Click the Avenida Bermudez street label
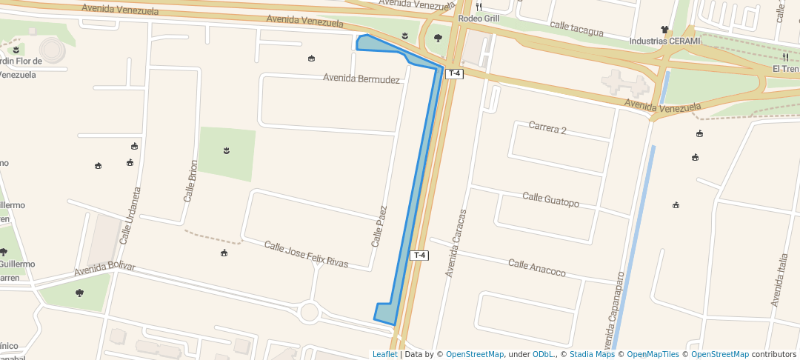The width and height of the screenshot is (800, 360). [x=361, y=79]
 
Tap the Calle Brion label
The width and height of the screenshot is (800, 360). [x=190, y=181]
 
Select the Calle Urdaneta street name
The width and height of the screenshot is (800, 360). [x=130, y=216]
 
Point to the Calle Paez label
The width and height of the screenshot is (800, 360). [x=379, y=227]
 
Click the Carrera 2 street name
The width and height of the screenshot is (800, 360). [x=547, y=129]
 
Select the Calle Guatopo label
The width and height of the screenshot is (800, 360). [x=550, y=199]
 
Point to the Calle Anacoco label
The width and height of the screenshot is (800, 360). [x=536, y=268]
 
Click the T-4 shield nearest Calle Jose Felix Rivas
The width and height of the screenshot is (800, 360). [x=420, y=256]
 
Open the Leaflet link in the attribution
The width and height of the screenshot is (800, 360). [x=384, y=355]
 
